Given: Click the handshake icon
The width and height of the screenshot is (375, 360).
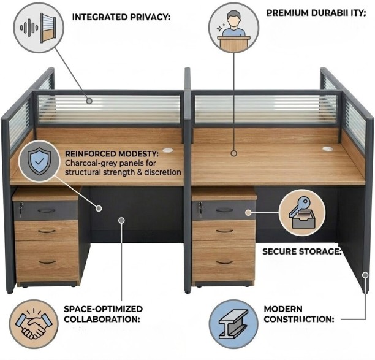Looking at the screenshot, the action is (x=34, y=324).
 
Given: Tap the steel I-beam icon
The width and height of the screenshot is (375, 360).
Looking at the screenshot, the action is (x=233, y=324).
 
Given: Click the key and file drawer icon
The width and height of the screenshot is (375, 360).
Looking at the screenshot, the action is (x=302, y=213).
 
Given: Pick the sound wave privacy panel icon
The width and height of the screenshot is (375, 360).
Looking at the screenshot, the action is (x=39, y=28).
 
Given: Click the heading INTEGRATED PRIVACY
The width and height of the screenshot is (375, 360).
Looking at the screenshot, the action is (x=121, y=17).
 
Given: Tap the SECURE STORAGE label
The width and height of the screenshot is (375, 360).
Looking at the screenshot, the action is (x=302, y=251).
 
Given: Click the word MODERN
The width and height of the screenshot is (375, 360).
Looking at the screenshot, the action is (x=283, y=308).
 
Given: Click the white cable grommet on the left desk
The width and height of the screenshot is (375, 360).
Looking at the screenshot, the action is (x=168, y=150).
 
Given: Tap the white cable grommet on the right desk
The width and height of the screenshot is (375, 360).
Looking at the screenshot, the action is (x=327, y=149).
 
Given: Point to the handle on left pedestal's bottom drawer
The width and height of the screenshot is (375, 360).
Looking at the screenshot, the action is (x=47, y=262).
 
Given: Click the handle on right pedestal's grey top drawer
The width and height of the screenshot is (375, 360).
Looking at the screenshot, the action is (x=224, y=210).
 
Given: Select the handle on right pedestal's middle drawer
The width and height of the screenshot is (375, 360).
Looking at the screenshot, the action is (x=224, y=231).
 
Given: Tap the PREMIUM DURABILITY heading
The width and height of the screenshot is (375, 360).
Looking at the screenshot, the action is (x=316, y=13).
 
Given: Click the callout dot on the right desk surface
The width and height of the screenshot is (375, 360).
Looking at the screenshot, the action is (x=234, y=153).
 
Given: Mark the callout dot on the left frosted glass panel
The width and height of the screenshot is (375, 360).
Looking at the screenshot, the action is (x=89, y=101).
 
